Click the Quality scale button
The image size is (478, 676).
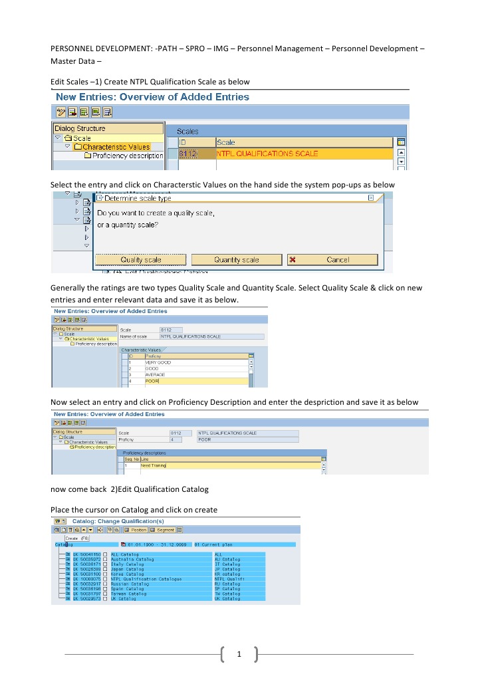click(x=140, y=260)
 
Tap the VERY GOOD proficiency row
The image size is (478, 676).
click(x=158, y=362)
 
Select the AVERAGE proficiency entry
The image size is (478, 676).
click(x=154, y=375)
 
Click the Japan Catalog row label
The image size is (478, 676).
click(x=127, y=569)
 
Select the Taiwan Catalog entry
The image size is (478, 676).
click(x=128, y=594)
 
